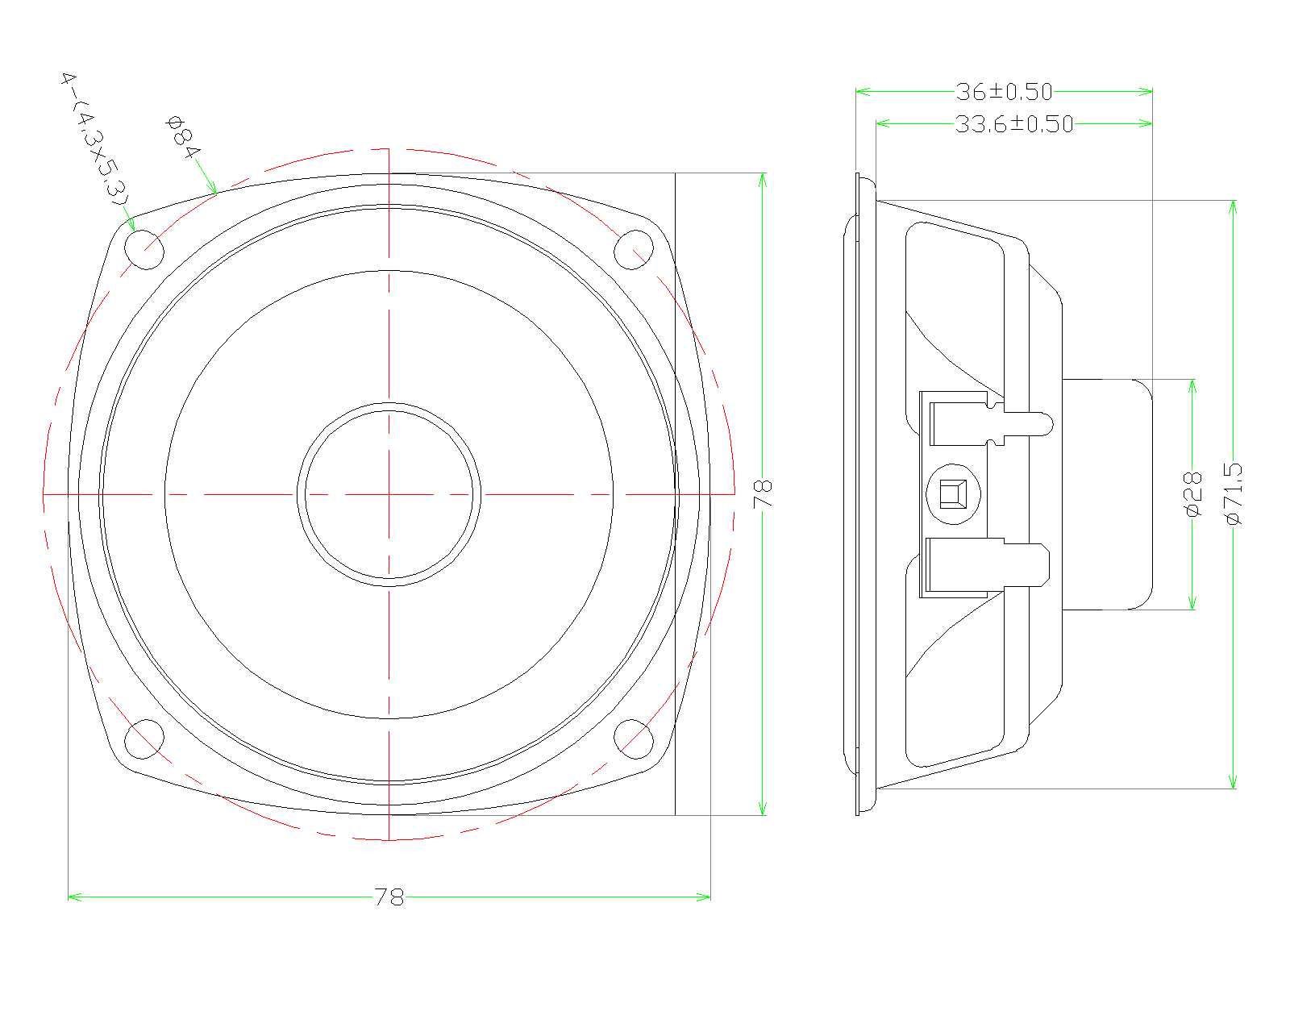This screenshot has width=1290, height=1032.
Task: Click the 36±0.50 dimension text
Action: coord(1004,92)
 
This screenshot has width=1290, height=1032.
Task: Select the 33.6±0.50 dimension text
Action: coord(1014,124)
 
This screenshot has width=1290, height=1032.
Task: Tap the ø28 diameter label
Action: coord(1192,493)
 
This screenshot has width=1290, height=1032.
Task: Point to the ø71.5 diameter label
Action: coord(1234,493)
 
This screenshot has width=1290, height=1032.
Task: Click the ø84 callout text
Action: coord(182,137)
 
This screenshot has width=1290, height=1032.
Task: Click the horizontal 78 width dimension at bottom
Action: coord(389,897)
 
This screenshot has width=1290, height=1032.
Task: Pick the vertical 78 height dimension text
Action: coord(763,493)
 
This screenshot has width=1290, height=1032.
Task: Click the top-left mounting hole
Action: coord(145,249)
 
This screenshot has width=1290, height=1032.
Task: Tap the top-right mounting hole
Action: coord(634,249)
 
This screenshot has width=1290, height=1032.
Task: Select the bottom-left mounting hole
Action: coord(145,739)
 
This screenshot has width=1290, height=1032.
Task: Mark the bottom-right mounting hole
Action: coord(634,739)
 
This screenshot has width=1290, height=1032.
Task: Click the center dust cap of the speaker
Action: coord(389,493)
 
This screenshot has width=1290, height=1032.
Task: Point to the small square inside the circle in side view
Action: coord(953,493)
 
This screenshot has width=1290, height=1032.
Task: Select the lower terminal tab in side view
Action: coord(1024,563)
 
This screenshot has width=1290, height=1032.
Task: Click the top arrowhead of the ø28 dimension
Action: coord(1192,385)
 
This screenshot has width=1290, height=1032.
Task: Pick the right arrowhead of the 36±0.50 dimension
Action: coord(1146,92)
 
